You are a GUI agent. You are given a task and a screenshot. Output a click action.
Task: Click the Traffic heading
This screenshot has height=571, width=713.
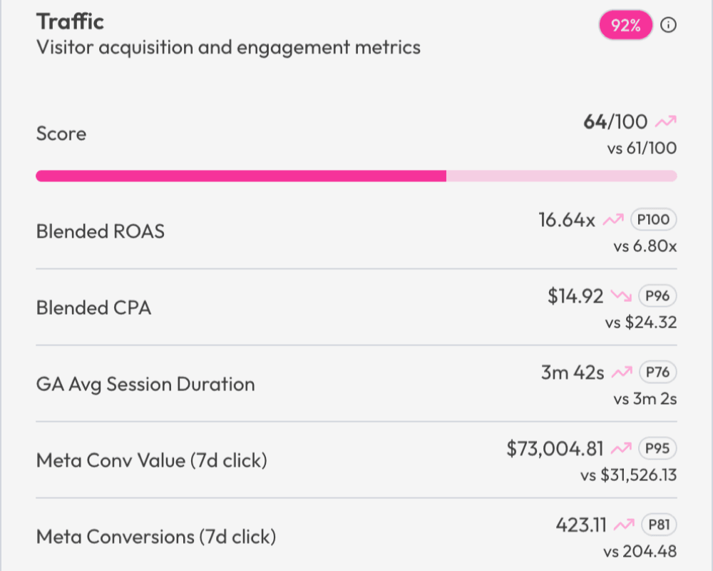point(70,21)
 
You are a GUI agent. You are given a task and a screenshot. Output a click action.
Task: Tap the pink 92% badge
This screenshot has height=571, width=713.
point(625,26)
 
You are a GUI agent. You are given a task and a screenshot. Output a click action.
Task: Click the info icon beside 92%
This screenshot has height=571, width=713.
point(668,26)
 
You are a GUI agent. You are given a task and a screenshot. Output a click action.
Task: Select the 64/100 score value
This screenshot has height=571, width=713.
point(615,122)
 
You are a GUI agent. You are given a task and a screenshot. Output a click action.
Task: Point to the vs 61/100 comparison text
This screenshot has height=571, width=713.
point(640,148)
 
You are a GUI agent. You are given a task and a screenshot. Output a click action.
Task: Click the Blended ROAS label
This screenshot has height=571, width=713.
point(100,231)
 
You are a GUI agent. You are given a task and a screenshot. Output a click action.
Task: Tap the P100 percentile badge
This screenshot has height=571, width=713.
point(653,220)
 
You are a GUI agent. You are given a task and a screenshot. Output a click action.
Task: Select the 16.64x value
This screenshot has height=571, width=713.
point(567,220)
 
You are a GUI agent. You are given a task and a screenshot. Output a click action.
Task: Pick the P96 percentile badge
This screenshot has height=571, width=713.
point(657,296)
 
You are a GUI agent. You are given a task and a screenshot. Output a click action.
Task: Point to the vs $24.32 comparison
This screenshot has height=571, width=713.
point(641,323)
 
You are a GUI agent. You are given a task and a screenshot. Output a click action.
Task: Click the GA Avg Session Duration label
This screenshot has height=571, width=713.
point(145,384)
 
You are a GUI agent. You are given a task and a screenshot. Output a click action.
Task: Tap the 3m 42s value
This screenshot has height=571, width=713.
point(573,373)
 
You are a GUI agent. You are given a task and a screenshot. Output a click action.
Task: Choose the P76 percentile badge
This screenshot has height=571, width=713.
point(657,373)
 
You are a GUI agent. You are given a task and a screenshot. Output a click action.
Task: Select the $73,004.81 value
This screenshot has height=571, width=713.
point(555,449)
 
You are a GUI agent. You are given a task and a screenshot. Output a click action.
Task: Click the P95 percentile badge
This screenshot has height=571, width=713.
point(657,449)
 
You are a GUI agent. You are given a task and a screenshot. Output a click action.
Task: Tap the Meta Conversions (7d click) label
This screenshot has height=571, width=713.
point(155,537)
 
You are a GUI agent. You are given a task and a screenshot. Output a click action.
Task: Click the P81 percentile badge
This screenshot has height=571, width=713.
point(658,525)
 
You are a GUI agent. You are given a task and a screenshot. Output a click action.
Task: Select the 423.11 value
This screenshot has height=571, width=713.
point(581,525)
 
